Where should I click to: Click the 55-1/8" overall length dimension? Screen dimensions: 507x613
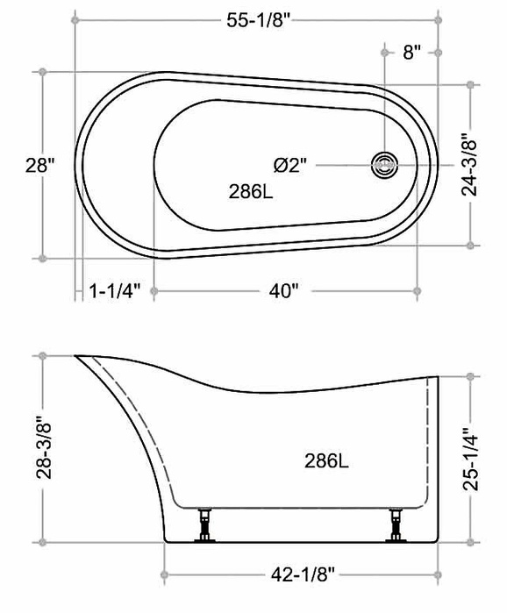260,20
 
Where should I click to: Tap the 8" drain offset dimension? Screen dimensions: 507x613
412,53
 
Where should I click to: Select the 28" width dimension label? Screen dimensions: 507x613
40,166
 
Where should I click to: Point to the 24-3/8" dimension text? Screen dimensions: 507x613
469,165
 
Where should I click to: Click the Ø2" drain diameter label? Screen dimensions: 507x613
289,166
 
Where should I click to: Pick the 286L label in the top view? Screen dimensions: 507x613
251,191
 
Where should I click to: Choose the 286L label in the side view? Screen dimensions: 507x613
326,461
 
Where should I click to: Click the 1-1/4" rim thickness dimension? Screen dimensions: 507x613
115,291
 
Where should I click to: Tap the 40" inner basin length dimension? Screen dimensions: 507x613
283,291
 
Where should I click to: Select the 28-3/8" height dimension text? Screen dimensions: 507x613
44,450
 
